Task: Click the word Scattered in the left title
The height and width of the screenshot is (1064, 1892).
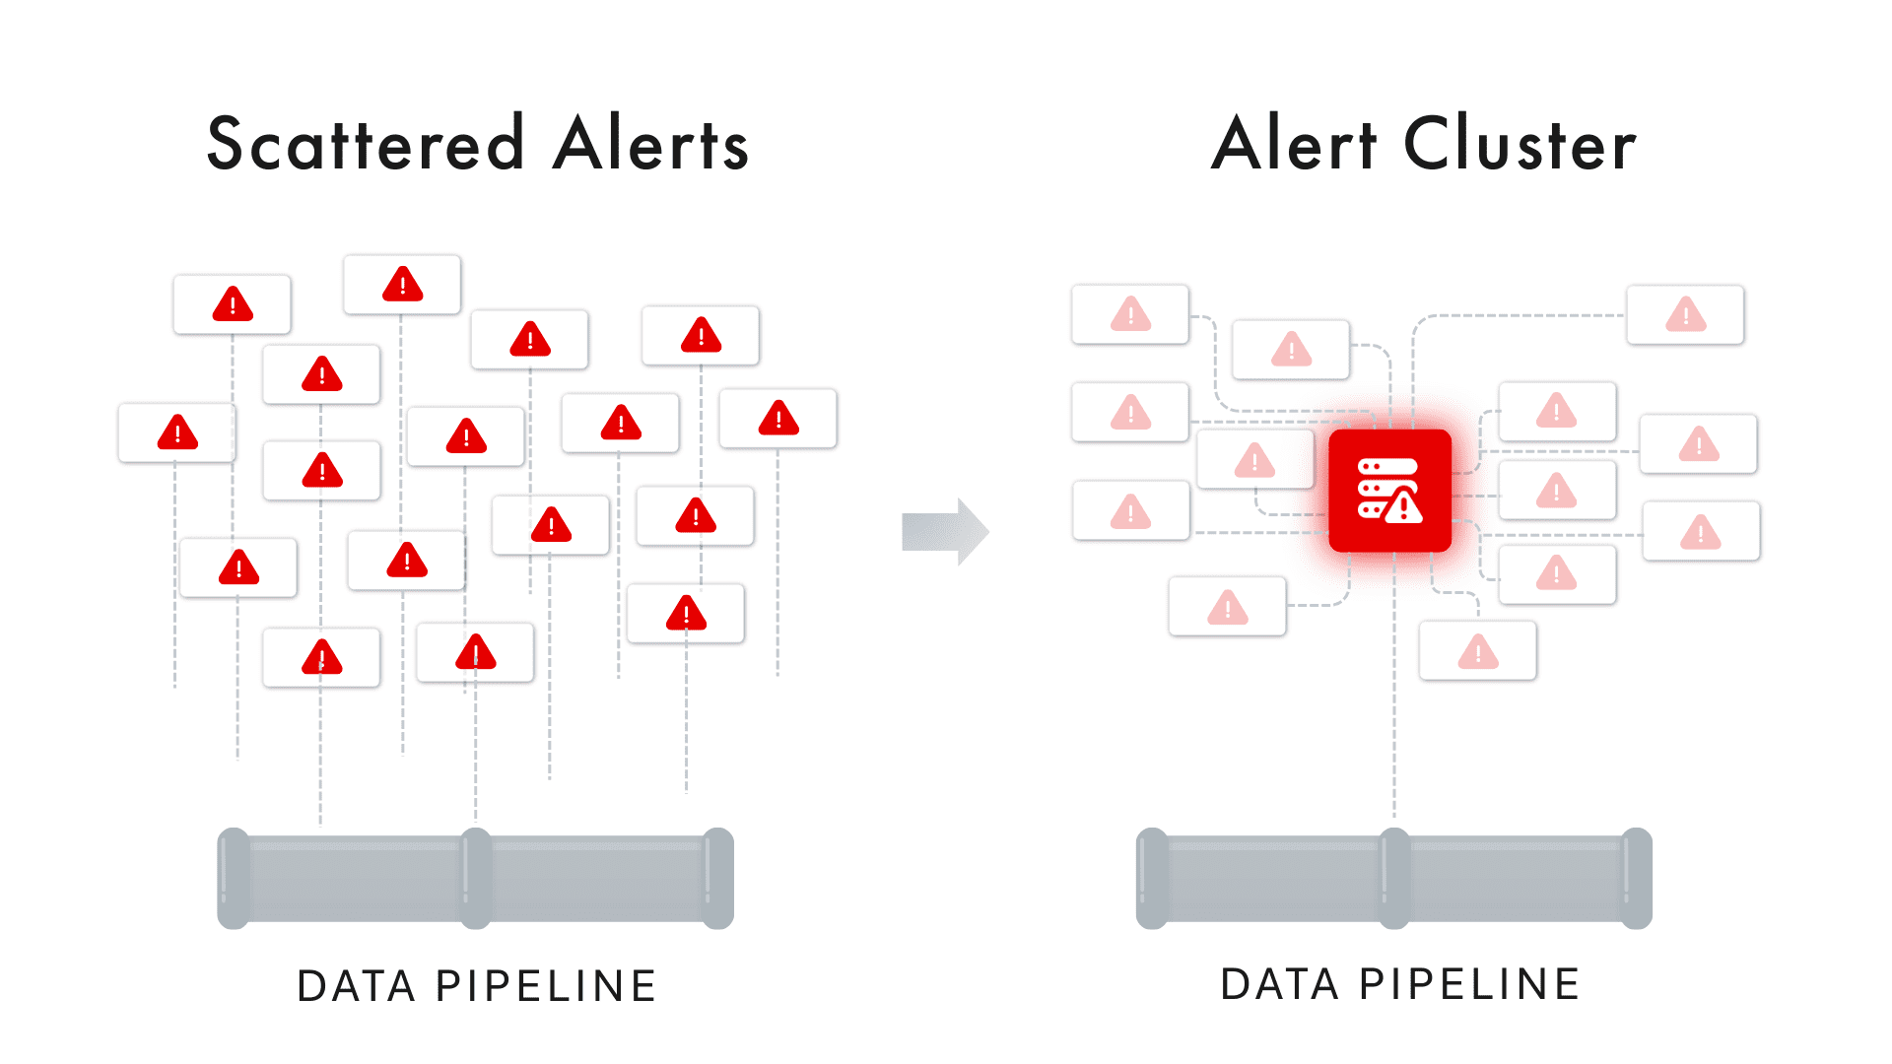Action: (365, 144)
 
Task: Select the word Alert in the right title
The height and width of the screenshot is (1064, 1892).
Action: (1293, 144)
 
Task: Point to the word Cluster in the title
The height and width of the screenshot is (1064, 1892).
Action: (1520, 144)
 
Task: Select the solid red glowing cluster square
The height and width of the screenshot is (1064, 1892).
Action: (1389, 490)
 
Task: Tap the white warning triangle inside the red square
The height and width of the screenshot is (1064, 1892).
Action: (1403, 507)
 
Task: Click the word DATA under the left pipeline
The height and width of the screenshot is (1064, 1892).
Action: (357, 986)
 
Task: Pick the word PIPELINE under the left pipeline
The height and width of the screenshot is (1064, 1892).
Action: (546, 986)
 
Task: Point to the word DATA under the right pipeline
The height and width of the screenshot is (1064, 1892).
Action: (1280, 984)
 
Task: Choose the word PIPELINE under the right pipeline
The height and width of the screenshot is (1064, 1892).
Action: (1469, 984)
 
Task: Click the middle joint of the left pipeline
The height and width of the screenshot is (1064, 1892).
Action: (476, 878)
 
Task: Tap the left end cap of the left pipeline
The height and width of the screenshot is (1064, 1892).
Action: (234, 878)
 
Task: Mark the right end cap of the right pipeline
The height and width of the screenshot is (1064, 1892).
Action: (1637, 878)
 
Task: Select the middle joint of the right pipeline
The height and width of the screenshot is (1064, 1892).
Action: (1394, 878)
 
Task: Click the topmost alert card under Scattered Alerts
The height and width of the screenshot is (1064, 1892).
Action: (402, 285)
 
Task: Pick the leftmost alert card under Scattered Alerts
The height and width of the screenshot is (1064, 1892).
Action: (177, 432)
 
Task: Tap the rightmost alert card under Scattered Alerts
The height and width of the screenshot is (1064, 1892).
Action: (778, 419)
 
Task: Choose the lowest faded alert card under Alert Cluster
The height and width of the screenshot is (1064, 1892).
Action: (1478, 651)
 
